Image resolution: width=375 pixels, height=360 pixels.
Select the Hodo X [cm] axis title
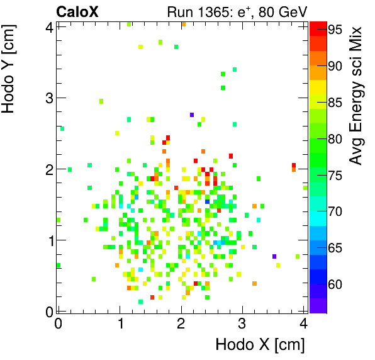pyautogui.click(x=260, y=345)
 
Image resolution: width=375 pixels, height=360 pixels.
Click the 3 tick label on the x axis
pyautogui.click(x=242, y=323)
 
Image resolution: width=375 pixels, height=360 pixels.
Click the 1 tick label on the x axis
pyautogui.click(x=119, y=323)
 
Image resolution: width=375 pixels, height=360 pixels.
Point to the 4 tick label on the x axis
pyautogui.click(x=304, y=323)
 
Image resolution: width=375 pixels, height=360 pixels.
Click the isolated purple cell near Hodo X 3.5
pyautogui.click(x=274, y=256)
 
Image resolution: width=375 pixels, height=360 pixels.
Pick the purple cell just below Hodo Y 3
pyautogui.click(x=192, y=115)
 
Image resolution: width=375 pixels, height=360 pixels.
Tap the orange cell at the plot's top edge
pyautogui.click(x=183, y=25)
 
